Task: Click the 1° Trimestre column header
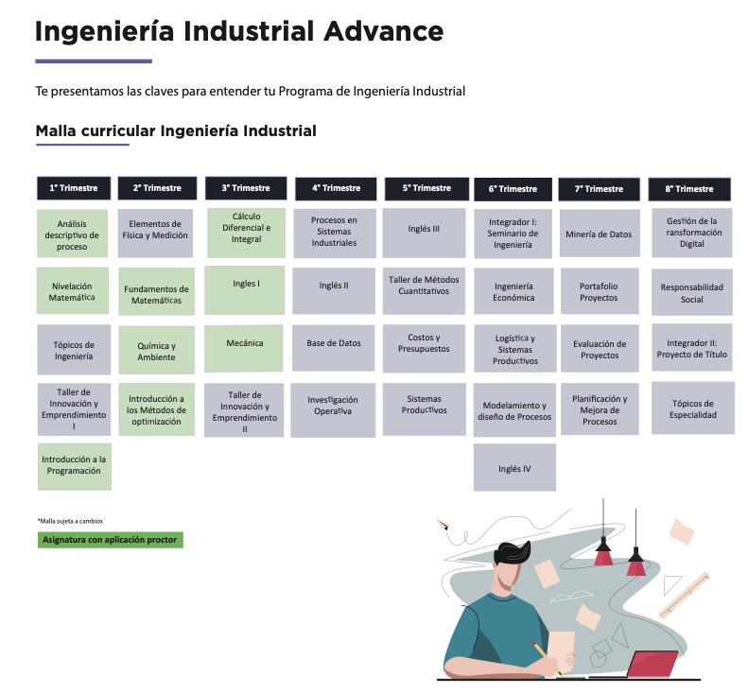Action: tap(74, 188)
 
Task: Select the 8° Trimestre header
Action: tap(689, 189)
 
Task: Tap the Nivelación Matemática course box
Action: tap(73, 291)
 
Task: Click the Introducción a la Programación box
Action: tap(75, 466)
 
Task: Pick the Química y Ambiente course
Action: tap(156, 350)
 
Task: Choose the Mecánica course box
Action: tap(244, 348)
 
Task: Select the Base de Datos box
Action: tap(334, 348)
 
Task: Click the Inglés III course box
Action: tap(424, 233)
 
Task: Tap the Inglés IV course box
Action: tap(514, 467)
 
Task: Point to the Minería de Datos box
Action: tap(600, 234)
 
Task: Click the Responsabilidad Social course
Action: tap(691, 292)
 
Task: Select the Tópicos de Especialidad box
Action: tap(692, 408)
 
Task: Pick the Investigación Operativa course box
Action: tap(333, 410)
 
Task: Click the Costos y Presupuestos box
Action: tap(424, 348)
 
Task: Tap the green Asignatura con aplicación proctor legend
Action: tap(111, 540)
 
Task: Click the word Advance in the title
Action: tap(384, 31)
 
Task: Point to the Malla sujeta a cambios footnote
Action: tap(70, 521)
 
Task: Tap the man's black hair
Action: tap(512, 556)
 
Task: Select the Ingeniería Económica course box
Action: tap(513, 291)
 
